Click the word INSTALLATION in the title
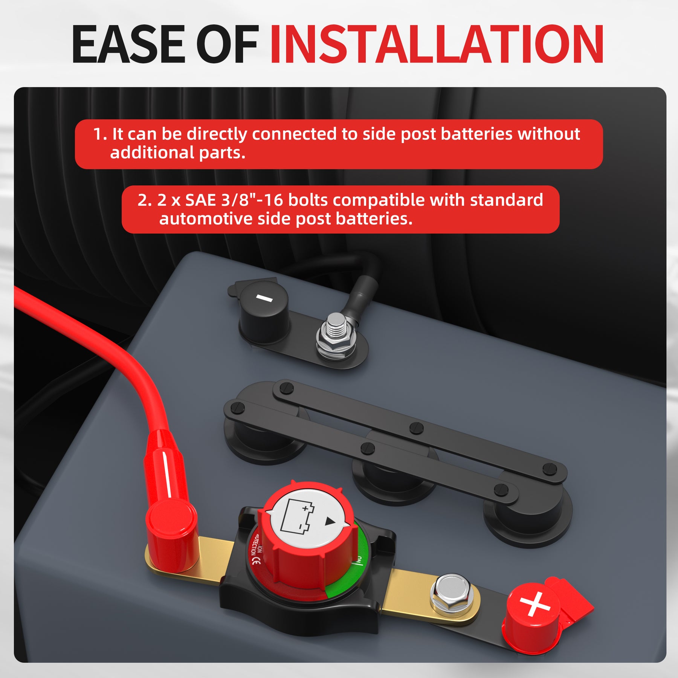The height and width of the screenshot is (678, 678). coord(437,44)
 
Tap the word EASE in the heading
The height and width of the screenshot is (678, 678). coord(128,44)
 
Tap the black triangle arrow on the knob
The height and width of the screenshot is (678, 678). coord(330,521)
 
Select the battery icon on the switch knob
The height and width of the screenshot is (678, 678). coord(298,516)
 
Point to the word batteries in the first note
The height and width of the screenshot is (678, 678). coord(476,134)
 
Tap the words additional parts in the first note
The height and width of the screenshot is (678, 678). coord(178,153)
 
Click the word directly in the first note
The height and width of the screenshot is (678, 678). coord(217,134)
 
